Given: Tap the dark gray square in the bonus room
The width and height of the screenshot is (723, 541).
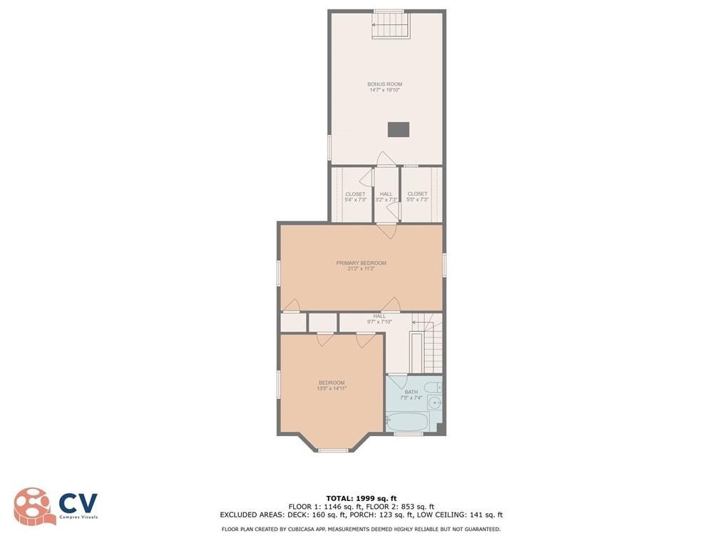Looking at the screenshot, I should point(399,129).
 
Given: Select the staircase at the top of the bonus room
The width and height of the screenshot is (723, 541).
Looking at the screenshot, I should point(391,27).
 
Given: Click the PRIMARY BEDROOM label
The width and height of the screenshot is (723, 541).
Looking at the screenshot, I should point(361,263).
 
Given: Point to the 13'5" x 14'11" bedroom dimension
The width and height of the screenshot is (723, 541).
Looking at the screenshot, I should point(332,388).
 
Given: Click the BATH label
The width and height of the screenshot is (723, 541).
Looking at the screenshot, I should point(411,392).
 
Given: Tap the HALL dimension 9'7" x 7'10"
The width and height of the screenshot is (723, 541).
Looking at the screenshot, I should point(379,322).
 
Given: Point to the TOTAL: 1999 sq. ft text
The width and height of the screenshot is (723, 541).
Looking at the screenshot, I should point(361,497).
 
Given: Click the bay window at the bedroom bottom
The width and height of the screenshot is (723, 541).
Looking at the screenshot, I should point(333,450).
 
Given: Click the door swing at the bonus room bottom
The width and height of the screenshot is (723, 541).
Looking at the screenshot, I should point(385,158).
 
